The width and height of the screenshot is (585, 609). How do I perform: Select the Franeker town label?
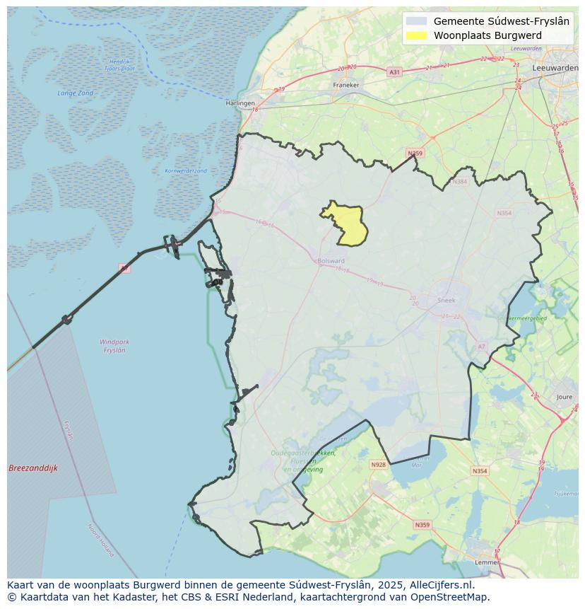(346, 85)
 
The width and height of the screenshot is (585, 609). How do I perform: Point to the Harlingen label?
(240, 103)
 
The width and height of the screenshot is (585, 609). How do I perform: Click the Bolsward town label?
(331, 260)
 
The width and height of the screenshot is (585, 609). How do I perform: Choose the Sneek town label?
(447, 300)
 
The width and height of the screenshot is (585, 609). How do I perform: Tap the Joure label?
(564, 398)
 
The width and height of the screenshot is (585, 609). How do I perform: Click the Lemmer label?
(487, 562)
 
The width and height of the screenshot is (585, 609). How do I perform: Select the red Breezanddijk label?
(33, 468)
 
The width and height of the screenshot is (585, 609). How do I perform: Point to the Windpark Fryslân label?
(114, 346)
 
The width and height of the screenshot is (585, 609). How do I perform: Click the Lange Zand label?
(76, 93)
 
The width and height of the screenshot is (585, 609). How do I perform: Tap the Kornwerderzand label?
(186, 170)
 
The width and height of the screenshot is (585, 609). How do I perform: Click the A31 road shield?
(394, 72)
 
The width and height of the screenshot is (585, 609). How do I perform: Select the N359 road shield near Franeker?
(415, 153)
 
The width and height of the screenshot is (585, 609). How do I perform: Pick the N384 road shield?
(460, 182)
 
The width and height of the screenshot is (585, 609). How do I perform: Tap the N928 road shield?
(379, 465)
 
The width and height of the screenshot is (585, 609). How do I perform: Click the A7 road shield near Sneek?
(482, 347)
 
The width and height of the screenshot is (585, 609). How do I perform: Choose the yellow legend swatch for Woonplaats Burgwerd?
(417, 35)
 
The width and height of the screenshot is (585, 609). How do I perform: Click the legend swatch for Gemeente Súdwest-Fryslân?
(417, 21)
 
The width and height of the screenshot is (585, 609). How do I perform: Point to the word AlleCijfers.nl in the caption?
(439, 585)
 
